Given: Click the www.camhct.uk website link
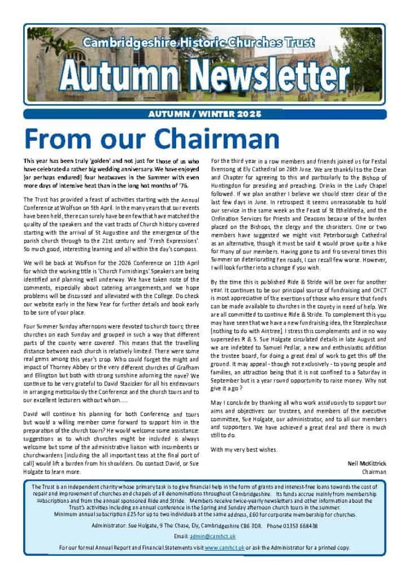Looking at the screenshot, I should pos(220,547).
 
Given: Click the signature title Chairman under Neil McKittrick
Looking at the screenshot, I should pos(374,471).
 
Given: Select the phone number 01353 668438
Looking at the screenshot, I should pos(298,525).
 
